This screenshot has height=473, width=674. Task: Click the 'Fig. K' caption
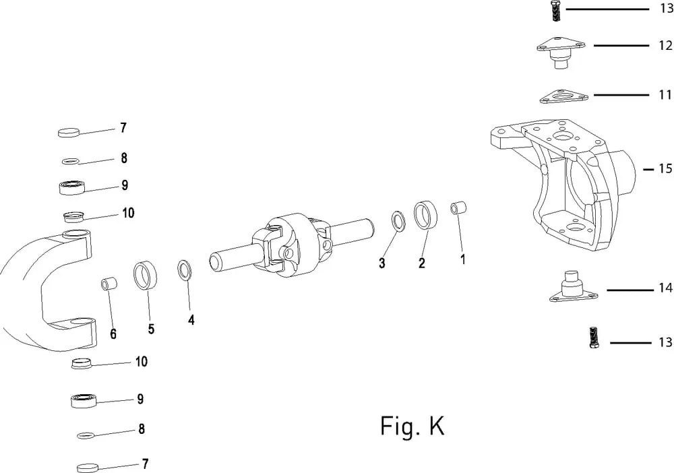coord(412,426)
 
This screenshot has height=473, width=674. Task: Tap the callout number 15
coord(665,168)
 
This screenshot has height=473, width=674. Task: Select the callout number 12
coord(665,45)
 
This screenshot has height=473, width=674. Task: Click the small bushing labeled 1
coord(458,208)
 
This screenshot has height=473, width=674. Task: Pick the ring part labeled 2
coord(425,215)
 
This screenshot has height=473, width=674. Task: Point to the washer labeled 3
coord(398,221)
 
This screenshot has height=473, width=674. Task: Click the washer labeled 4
coord(184,270)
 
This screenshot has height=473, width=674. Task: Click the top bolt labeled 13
coord(555,10)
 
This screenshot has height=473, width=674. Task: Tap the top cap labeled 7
coord(69,132)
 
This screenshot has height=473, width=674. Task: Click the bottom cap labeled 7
coord(88,467)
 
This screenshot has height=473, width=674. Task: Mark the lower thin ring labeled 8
coord(86,435)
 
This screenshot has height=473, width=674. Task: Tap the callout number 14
coord(665,288)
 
